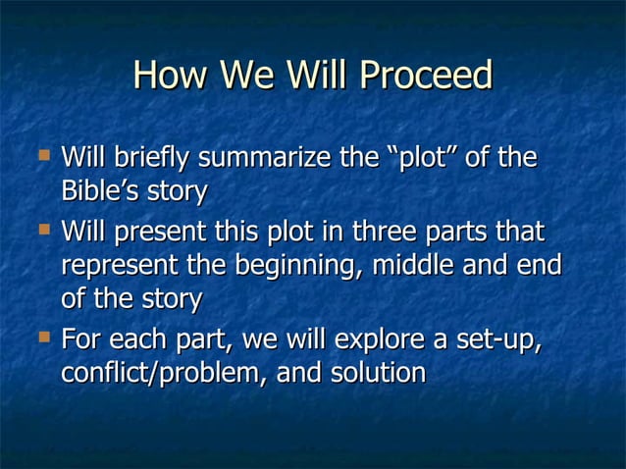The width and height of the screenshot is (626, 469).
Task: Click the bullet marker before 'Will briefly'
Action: point(42,155)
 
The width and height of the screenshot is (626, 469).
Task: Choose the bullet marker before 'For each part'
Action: point(42,339)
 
